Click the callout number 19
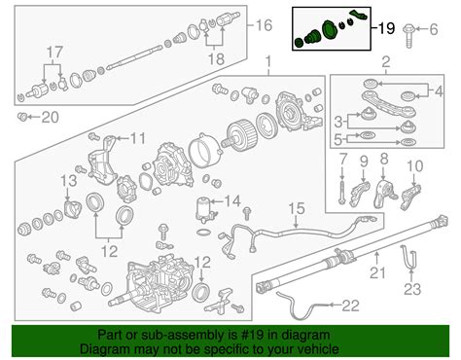pyautogui.click(x=386, y=28)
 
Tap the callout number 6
pyautogui.click(x=433, y=29)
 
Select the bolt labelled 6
pyautogui.click(x=409, y=36)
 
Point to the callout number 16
pyautogui.click(x=264, y=25)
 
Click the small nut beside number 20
pyautogui.click(x=22, y=117)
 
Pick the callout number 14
pyautogui.click(x=232, y=201)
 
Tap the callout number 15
pyautogui.click(x=297, y=209)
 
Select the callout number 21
pyautogui.click(x=377, y=272)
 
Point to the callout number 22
pyautogui.click(x=351, y=306)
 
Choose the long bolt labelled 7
pyautogui.click(x=342, y=192)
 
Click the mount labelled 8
pyautogui.click(x=385, y=194)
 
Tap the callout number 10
pyautogui.click(x=415, y=166)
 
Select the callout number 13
pyautogui.click(x=69, y=181)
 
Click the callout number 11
pyautogui.click(x=137, y=138)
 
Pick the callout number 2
pyautogui.click(x=386, y=62)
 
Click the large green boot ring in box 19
pyautogui.click(x=330, y=28)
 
